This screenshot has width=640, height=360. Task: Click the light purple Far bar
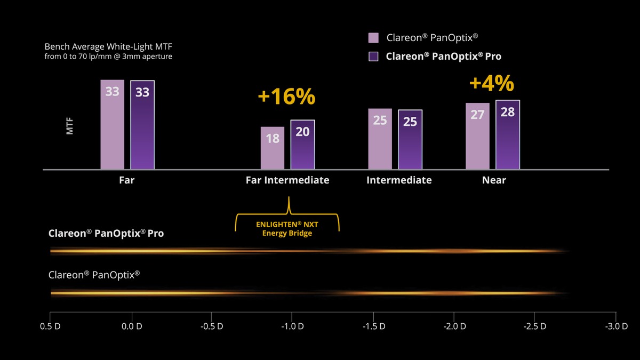point(112,125)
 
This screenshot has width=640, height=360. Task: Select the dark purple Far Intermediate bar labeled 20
point(302,145)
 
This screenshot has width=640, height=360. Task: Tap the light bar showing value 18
point(273,148)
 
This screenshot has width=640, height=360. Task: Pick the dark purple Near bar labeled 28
point(508,134)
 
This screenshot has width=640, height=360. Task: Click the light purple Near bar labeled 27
point(477,136)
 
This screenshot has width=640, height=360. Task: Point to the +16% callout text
point(286,97)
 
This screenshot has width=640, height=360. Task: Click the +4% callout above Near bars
point(492,84)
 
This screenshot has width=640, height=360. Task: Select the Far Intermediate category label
point(287,180)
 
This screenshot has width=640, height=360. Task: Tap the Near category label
point(494,180)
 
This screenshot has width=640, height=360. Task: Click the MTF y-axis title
point(70,126)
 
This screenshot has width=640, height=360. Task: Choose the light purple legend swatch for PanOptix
point(373,38)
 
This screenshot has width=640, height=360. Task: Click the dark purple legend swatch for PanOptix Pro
point(373,56)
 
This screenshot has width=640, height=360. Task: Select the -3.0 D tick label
point(616,326)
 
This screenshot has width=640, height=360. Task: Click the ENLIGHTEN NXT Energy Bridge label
point(287,229)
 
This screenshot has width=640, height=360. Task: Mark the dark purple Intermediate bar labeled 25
point(410,139)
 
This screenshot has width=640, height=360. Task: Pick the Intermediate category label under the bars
point(399,180)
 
